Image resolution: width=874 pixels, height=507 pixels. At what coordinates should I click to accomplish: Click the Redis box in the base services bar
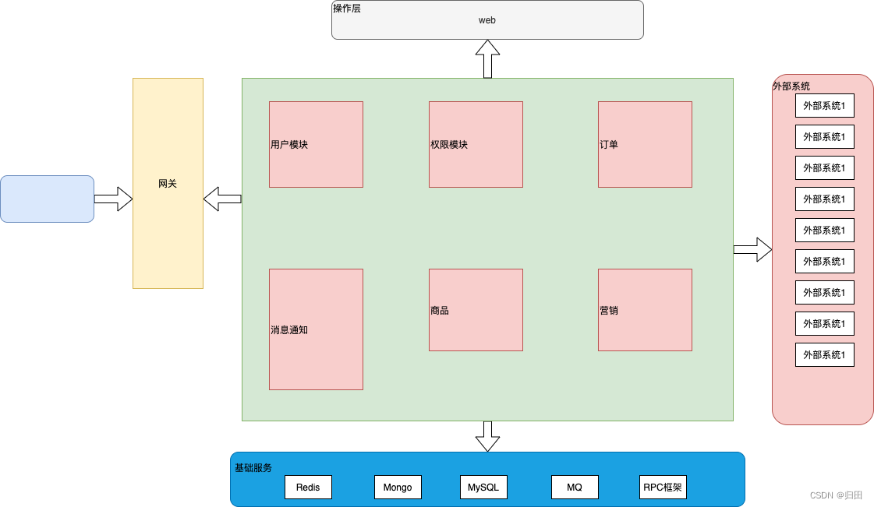(x=308, y=488)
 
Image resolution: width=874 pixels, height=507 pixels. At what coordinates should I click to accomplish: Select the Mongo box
(x=398, y=488)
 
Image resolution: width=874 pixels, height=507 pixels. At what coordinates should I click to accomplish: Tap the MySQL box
(x=483, y=488)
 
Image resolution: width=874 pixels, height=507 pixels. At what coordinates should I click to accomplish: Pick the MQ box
(x=575, y=488)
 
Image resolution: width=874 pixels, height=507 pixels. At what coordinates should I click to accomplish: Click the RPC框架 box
(x=663, y=488)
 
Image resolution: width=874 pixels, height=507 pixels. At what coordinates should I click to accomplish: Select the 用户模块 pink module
(x=316, y=144)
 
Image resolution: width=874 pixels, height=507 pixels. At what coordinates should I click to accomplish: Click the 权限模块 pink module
(x=476, y=144)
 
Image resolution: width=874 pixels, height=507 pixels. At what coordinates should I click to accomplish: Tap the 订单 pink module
(x=645, y=144)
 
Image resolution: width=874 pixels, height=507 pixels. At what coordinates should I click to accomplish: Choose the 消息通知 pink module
(x=316, y=329)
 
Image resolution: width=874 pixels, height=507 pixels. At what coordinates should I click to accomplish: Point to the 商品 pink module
(x=476, y=310)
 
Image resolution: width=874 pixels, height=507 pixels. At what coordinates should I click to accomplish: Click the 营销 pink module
(x=645, y=310)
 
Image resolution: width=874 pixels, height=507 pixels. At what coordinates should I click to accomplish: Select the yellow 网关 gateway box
(x=168, y=183)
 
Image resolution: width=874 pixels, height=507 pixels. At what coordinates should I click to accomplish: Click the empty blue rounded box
(x=47, y=199)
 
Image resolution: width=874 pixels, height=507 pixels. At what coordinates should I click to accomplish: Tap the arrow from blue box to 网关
(x=114, y=199)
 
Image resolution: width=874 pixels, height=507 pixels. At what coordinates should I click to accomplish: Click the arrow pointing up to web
(x=487, y=59)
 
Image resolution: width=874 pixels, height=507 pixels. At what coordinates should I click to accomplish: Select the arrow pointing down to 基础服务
(x=487, y=436)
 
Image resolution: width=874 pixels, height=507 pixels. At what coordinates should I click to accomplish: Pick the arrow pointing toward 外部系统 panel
(x=752, y=249)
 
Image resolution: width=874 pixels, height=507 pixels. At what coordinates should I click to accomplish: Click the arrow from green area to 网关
(x=222, y=199)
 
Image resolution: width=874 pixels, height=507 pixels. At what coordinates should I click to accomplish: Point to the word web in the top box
(x=487, y=20)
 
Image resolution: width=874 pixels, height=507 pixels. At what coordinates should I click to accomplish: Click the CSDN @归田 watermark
(x=836, y=495)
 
